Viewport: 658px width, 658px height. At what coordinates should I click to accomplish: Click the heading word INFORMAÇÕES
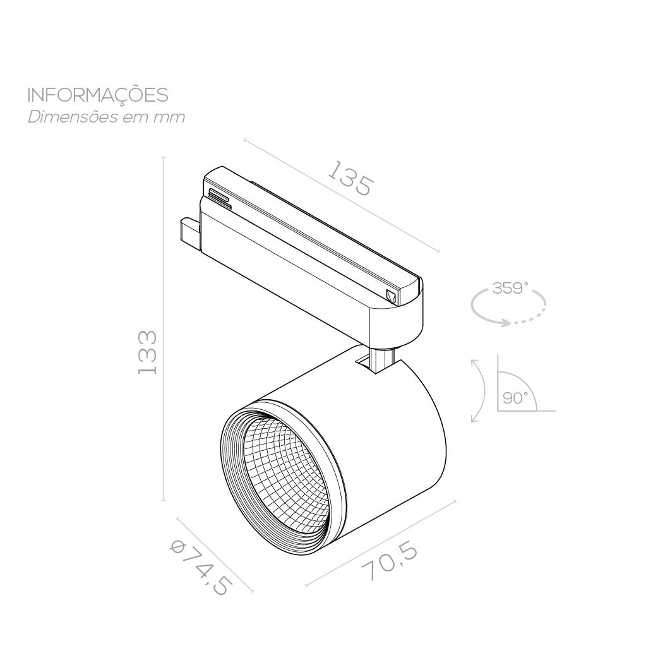(x=98, y=96)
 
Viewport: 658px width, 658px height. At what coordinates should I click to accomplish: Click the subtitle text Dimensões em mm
(x=106, y=117)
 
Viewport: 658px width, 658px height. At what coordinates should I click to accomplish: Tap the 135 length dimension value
(x=350, y=179)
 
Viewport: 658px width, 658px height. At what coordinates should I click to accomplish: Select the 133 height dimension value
(x=148, y=352)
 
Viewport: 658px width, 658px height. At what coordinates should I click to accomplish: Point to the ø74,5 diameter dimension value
(x=201, y=567)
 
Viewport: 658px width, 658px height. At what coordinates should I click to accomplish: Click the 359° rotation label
(x=510, y=289)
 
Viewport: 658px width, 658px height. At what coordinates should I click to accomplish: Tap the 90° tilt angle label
(x=515, y=398)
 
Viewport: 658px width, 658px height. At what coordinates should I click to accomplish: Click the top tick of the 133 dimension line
(x=164, y=158)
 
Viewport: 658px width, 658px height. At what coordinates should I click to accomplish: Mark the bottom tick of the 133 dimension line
(x=164, y=500)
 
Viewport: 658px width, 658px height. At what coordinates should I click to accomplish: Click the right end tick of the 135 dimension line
(x=438, y=252)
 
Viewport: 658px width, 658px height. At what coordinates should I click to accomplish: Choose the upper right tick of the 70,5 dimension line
(x=455, y=501)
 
